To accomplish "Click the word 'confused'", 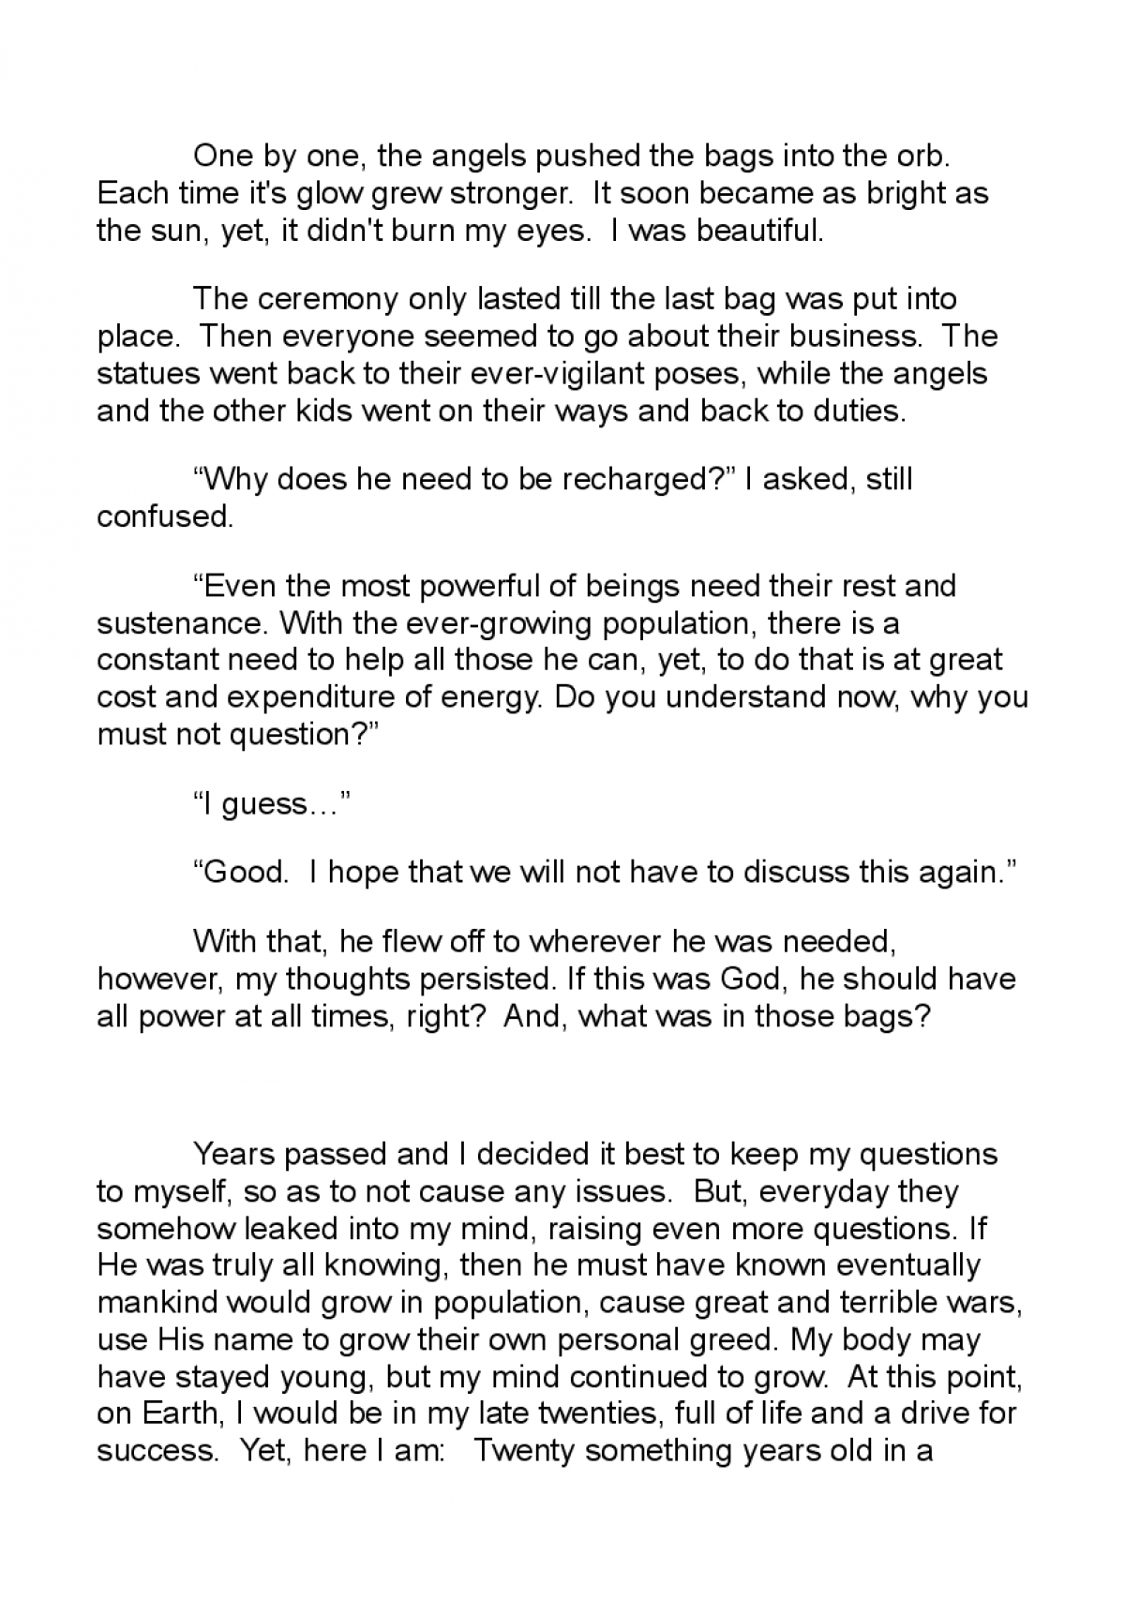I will click(x=164, y=517).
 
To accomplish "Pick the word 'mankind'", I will click(x=157, y=1302).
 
